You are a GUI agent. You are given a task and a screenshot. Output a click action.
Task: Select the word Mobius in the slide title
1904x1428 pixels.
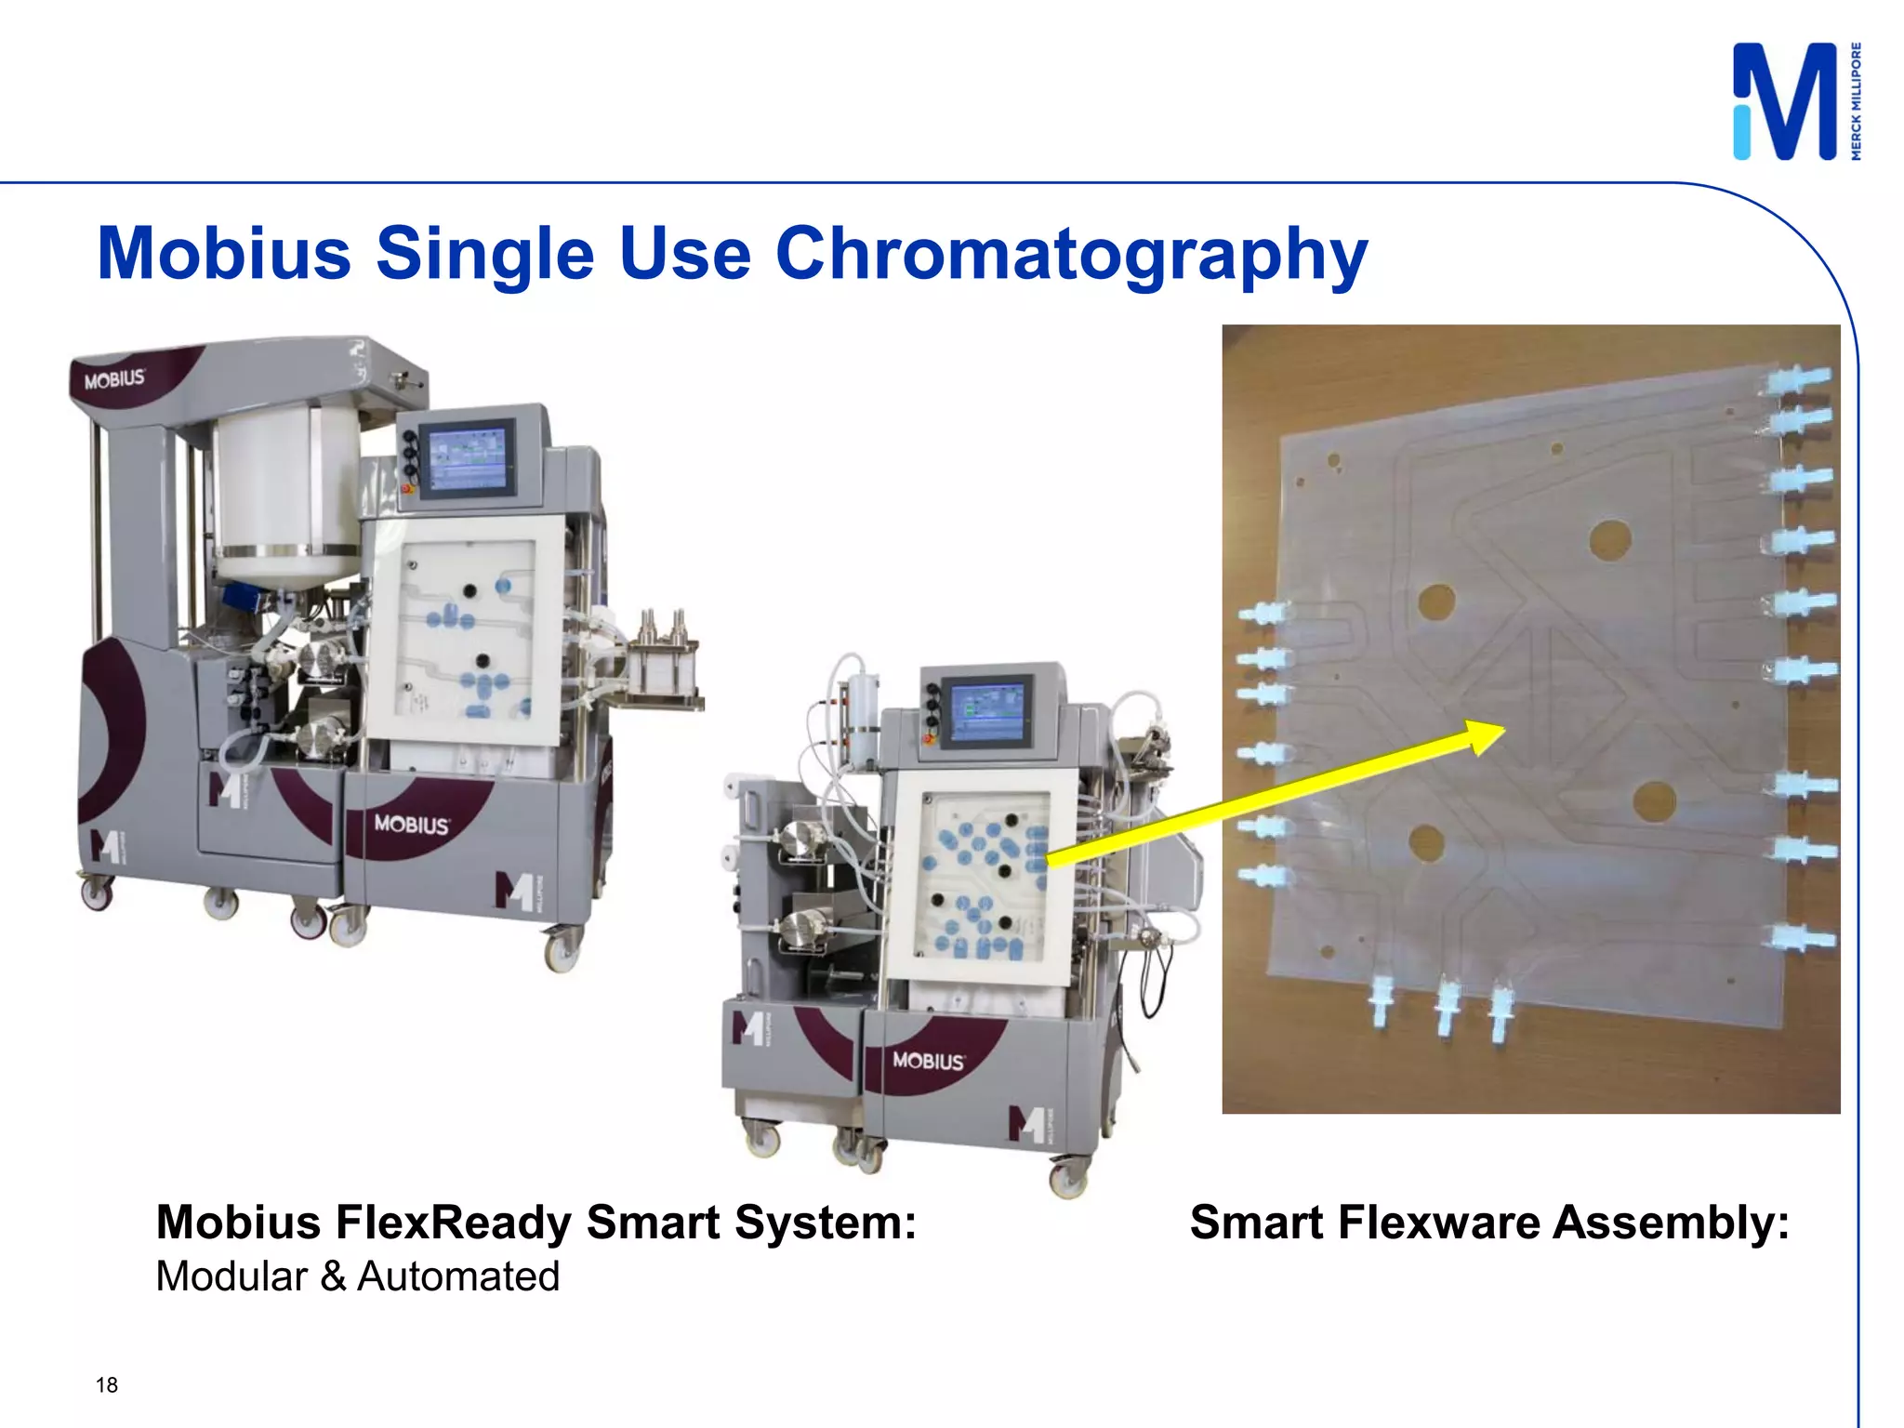click(x=224, y=253)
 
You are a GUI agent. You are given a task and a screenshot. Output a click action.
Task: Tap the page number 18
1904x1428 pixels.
click(x=107, y=1385)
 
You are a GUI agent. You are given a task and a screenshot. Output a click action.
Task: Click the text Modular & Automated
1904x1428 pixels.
click(x=358, y=1276)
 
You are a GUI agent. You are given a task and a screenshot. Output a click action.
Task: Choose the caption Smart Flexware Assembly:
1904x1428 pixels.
click(x=1489, y=1223)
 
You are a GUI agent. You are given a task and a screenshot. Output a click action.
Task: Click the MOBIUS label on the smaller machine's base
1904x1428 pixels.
click(x=928, y=1060)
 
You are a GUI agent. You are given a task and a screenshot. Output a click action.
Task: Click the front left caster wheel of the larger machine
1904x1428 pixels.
click(x=97, y=894)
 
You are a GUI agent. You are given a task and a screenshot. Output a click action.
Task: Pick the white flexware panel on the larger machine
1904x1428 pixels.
click(x=465, y=641)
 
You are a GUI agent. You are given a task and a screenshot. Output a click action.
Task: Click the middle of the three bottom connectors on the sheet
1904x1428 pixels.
click(x=1446, y=1006)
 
